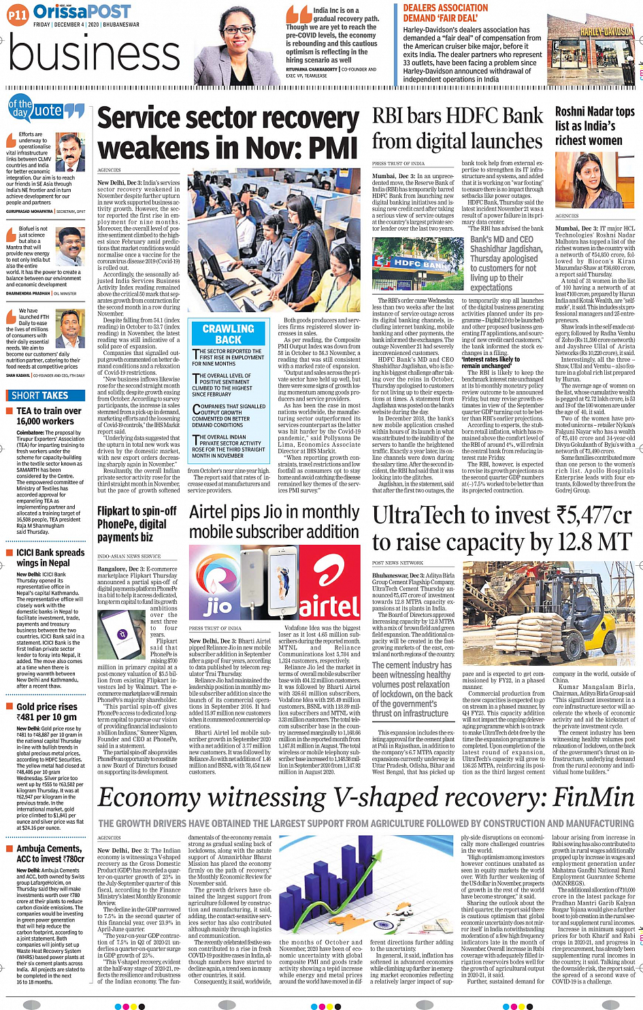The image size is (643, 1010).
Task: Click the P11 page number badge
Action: [18, 14]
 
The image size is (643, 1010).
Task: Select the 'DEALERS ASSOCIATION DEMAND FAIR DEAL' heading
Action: [446, 13]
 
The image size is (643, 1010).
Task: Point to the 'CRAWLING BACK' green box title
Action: [228, 334]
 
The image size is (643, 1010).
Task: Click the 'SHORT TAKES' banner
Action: [40, 395]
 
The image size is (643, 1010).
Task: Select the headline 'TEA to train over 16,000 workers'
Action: [48, 416]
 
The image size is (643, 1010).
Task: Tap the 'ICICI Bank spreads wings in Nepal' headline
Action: [50, 558]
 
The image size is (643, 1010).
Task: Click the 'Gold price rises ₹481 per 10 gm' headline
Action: [46, 711]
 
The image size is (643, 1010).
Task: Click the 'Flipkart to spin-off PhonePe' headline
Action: [137, 524]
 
